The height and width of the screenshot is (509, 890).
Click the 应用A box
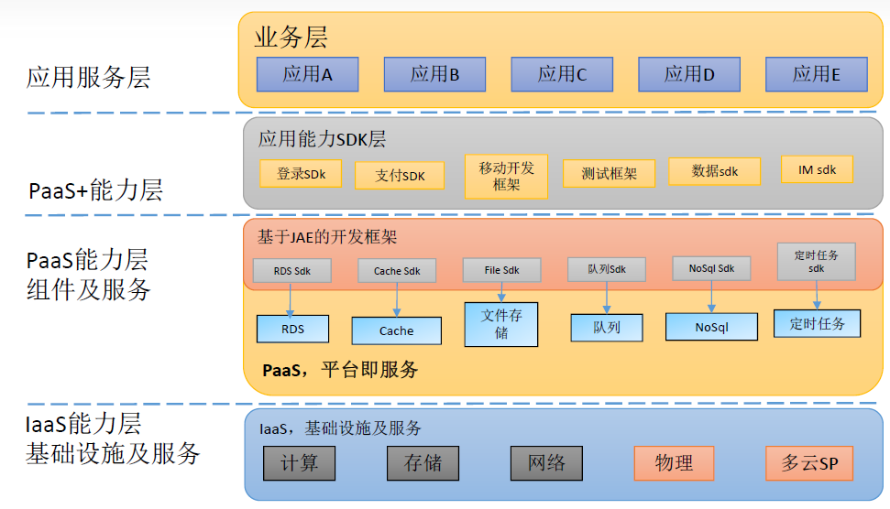tap(307, 74)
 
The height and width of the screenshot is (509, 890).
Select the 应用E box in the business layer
tap(816, 74)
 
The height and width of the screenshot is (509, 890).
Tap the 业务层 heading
tap(291, 38)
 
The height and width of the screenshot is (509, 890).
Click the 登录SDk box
tap(301, 173)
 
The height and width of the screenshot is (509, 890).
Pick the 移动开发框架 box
tap(506, 176)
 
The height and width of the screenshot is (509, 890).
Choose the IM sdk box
tap(817, 169)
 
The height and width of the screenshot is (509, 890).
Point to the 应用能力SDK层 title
tap(322, 139)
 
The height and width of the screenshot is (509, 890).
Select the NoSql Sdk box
tap(711, 268)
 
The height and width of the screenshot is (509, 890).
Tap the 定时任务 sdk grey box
tap(816, 260)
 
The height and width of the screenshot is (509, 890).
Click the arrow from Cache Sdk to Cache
tap(396, 299)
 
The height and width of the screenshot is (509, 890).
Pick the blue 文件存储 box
tap(501, 324)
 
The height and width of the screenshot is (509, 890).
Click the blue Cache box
tap(396, 330)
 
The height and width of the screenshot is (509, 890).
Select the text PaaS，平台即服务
tap(340, 370)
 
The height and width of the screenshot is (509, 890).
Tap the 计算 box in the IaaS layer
tap(299, 463)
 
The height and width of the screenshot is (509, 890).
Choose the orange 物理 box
tap(674, 463)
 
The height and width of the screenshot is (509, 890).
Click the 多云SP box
tap(803, 463)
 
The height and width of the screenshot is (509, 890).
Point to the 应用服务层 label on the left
tap(88, 78)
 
